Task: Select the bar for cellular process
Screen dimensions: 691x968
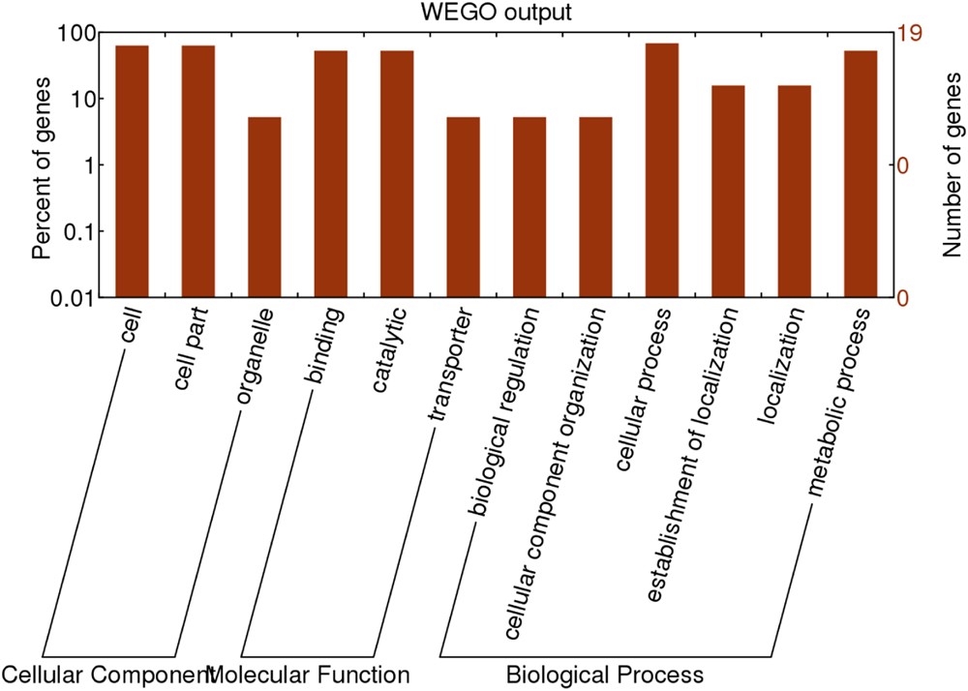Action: (x=662, y=169)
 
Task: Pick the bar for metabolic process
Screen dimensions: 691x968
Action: (x=861, y=173)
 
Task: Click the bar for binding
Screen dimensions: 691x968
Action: (x=330, y=173)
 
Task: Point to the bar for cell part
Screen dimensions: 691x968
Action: (x=198, y=170)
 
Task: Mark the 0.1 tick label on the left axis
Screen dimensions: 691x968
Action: (x=74, y=231)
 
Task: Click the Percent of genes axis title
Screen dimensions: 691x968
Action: (x=41, y=165)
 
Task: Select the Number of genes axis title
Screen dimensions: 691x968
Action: (x=953, y=165)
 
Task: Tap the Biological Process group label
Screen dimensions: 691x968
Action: (x=604, y=674)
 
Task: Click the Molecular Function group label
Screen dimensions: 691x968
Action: (x=309, y=674)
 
